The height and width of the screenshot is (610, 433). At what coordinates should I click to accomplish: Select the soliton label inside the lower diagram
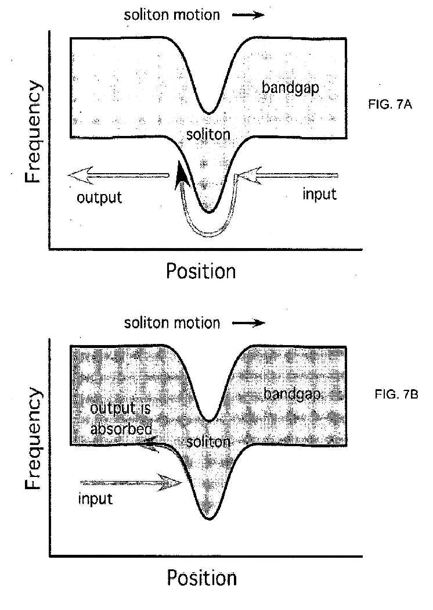pyautogui.click(x=209, y=442)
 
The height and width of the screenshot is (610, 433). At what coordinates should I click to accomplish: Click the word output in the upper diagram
pyautogui.click(x=99, y=197)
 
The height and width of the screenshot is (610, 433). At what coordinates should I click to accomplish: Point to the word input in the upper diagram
pyautogui.click(x=319, y=194)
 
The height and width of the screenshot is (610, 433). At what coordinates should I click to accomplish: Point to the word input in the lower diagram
pyautogui.click(x=95, y=499)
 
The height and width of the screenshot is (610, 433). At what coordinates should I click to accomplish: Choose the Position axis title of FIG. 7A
pyautogui.click(x=201, y=271)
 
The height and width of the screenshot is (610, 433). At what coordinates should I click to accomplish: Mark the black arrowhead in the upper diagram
pyautogui.click(x=183, y=175)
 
